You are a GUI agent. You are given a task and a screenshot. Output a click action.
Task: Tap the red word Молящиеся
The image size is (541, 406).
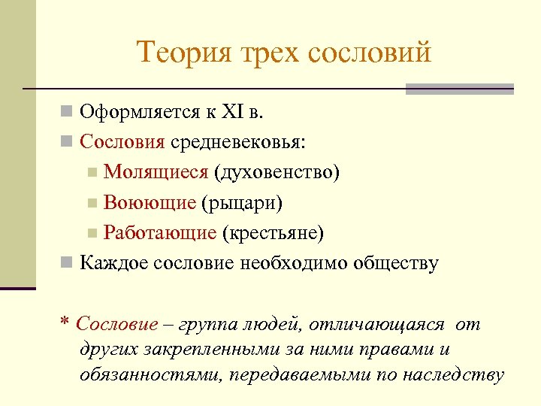(156, 172)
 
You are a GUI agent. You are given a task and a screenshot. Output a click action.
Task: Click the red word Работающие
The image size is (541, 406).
(160, 233)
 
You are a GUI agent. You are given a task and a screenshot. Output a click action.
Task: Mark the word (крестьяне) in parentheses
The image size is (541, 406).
(274, 233)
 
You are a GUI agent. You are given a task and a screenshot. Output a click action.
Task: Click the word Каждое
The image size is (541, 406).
(113, 263)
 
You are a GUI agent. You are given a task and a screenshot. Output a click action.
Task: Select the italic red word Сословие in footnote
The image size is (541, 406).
(117, 324)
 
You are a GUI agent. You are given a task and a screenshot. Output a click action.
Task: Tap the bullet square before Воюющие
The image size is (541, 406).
(92, 203)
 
